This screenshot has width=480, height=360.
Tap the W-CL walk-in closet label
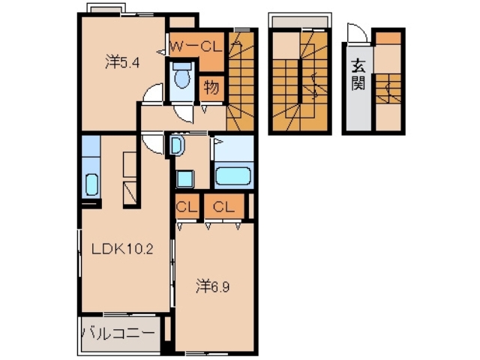pyautogui.click(x=195, y=46)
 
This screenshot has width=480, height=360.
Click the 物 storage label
pyautogui.click(x=211, y=88)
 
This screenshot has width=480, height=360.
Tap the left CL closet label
pyautogui.click(x=186, y=206)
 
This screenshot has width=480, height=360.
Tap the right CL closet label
pyautogui.click(x=223, y=206)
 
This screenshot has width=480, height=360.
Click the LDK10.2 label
pyautogui.click(x=123, y=250)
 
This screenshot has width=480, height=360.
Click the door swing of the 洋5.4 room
pyautogui.click(x=152, y=94)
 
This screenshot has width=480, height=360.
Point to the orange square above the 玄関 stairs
pyautogui.click(x=388, y=37)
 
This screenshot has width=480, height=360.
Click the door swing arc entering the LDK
pyautogui.click(x=152, y=144)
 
